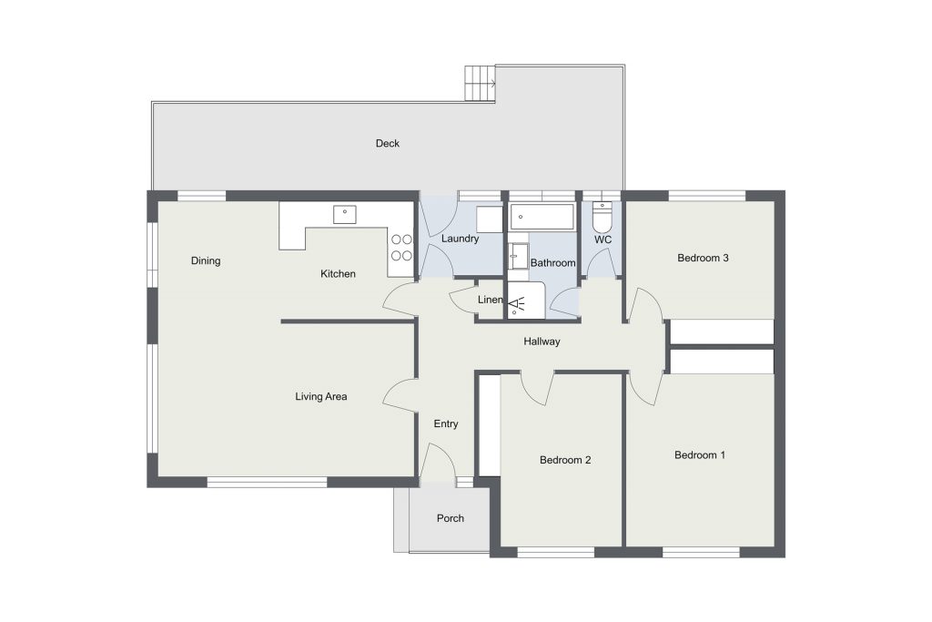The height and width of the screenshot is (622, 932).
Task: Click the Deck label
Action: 388,143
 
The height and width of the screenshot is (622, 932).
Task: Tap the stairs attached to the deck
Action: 480,83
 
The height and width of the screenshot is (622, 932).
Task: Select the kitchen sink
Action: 345,214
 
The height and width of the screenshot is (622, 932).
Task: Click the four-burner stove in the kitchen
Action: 401,248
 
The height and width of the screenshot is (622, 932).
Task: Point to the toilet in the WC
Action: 603,218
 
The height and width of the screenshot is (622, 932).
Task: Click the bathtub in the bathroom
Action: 542,217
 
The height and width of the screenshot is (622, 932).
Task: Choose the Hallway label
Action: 542,342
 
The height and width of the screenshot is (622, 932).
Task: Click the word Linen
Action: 491,300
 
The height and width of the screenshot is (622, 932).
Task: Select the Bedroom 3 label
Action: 703,258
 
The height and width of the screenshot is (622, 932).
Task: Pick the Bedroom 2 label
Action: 565,460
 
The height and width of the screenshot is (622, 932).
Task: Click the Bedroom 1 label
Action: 700,455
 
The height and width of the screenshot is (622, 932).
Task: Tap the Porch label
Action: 450,518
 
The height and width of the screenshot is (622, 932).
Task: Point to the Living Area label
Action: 321,397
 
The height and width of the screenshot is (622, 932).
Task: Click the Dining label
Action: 206,261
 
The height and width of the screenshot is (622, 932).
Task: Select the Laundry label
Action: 460,239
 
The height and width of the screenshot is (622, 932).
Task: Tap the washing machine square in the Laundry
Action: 490,219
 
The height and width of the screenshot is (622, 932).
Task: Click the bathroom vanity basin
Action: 519,256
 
